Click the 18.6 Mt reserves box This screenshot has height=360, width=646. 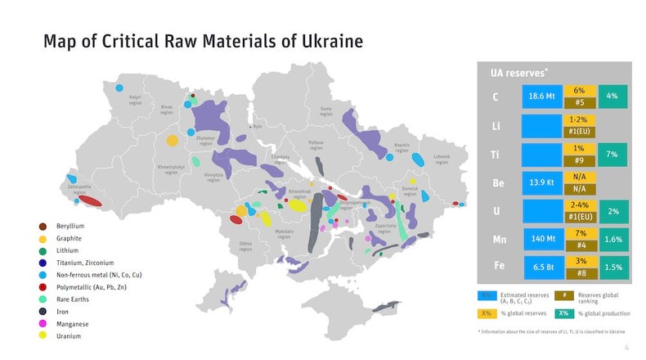[539, 97]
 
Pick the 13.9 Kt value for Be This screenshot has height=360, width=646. [539, 182]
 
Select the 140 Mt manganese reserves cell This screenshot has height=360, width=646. [539, 240]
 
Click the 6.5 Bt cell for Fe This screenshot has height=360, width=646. [539, 268]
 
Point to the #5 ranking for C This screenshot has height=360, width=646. [579, 103]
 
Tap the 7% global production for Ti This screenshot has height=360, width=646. [612, 154]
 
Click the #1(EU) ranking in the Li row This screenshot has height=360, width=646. [579, 132]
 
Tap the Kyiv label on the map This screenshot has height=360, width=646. [257, 127]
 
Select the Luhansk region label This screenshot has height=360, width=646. [442, 160]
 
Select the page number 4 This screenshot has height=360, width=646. [626, 348]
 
